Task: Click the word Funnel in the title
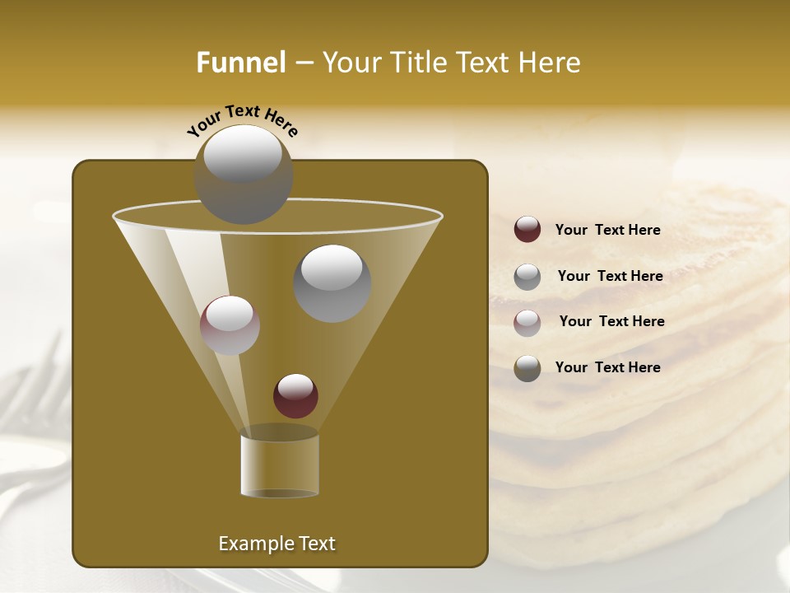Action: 240,63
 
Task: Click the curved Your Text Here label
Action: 242,119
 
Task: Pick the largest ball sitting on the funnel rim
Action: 243,174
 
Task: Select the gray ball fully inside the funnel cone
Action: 332,282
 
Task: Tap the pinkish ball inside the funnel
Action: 230,325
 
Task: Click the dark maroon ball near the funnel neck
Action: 295,395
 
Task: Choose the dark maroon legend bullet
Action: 527,230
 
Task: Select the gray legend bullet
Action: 527,276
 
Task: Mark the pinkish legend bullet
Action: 527,322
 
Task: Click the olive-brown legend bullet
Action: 527,368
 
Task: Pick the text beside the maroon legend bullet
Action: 607,231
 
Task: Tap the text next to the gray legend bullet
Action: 610,276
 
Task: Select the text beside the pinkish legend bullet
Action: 611,321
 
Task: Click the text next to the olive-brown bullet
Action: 607,367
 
